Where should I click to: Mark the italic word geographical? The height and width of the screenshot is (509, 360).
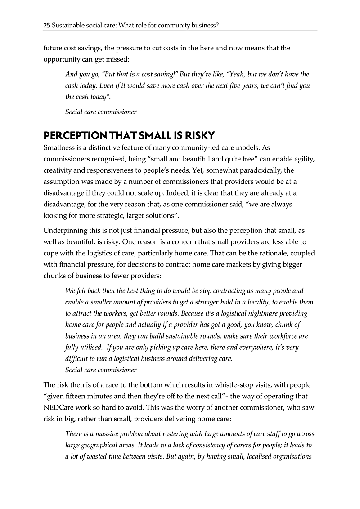99,446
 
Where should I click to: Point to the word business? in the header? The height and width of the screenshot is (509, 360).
205,26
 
